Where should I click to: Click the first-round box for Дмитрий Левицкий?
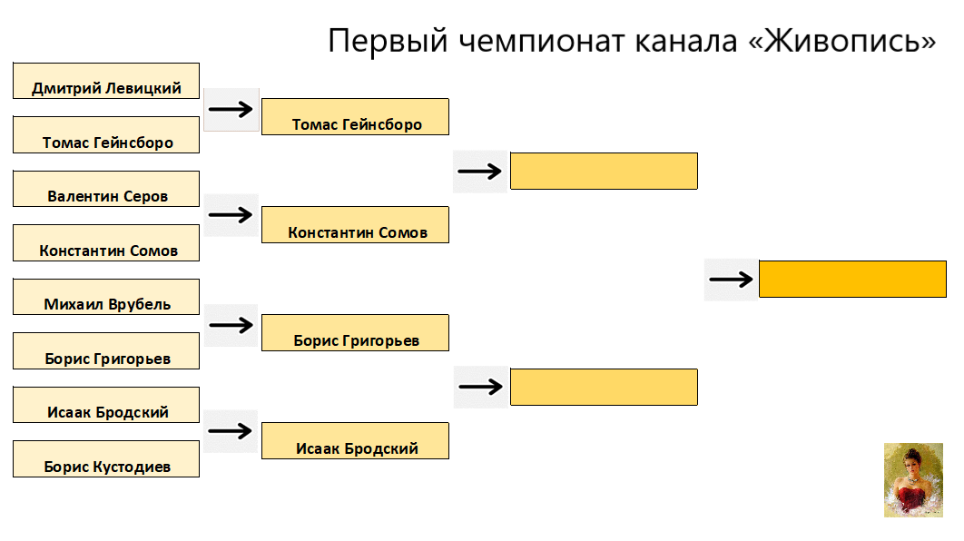click(x=106, y=81)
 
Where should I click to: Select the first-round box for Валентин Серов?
click(x=106, y=189)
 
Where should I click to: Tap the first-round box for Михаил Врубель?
click(x=106, y=297)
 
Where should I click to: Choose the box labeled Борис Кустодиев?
click(x=106, y=459)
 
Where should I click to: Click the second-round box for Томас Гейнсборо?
click(x=355, y=117)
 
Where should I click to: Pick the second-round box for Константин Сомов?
click(x=355, y=225)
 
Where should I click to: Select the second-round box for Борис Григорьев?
click(x=355, y=333)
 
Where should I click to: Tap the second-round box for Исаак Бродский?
click(x=355, y=441)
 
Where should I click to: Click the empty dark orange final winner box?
click(x=852, y=279)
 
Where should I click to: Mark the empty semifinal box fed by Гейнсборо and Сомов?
click(x=604, y=171)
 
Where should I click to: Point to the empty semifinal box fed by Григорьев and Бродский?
click(x=604, y=387)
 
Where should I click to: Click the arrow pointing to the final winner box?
click(x=731, y=279)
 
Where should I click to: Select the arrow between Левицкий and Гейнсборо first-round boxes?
click(x=231, y=110)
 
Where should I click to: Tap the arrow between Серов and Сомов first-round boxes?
click(x=231, y=215)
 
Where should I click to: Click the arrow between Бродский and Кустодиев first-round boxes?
click(x=231, y=431)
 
